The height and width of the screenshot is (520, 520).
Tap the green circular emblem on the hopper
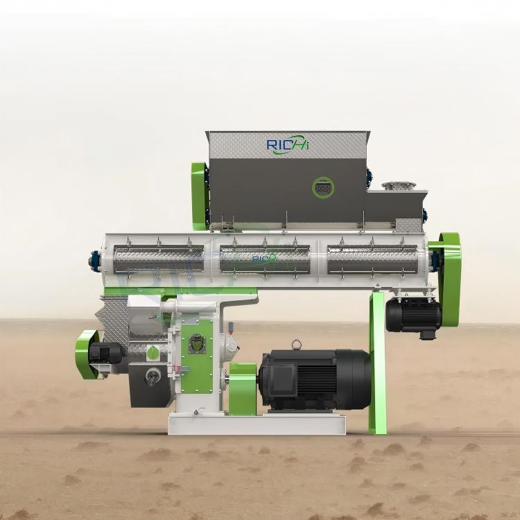point(322,187)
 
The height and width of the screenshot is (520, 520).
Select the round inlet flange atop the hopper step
point(399,185)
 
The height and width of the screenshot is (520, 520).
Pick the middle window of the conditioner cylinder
point(265,259)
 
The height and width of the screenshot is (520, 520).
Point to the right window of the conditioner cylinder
point(372,259)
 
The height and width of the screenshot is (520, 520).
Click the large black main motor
point(315,379)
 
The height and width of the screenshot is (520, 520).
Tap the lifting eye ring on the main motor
point(297,345)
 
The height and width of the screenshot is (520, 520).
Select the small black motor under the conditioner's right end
point(413,314)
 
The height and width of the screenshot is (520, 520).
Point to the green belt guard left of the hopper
point(200,196)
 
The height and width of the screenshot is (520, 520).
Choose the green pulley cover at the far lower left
point(86,354)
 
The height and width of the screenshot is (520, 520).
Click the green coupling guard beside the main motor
point(243,388)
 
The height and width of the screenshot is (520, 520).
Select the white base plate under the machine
point(257,424)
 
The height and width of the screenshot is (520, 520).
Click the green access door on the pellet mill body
point(197,351)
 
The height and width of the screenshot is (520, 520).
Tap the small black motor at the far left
point(106,353)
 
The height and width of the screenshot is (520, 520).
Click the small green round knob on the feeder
point(153,354)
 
